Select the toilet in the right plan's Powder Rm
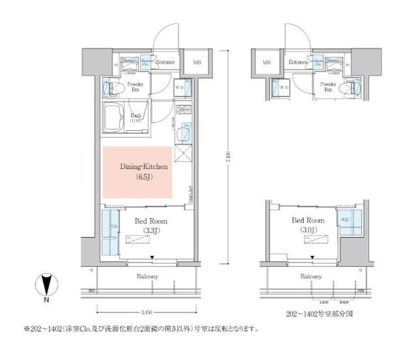(x=352, y=87)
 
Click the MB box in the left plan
(x=196, y=64)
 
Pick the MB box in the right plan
(x=266, y=63)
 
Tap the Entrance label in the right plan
(x=299, y=63)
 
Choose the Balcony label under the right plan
(x=311, y=277)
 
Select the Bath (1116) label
(x=136, y=118)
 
